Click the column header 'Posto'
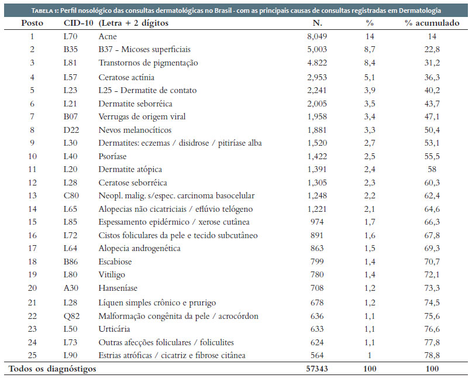tap(32, 23)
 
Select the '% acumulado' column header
tap(432, 23)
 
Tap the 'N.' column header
tap(317, 23)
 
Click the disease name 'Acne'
tap(108, 36)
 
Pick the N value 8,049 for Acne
tap(317, 37)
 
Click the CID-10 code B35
tap(70, 49)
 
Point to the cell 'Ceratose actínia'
tap(126, 77)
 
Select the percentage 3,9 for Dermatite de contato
tap(370, 91)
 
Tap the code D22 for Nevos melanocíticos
tap(71, 130)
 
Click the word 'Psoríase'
tap(112, 156)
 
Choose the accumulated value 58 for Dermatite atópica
tap(432, 169)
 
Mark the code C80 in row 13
tap(71, 196)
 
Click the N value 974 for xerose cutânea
tap(317, 222)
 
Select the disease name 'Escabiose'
tap(115, 262)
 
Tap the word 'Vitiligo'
tap(112, 274)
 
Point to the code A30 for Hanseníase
tap(71, 288)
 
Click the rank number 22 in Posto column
tap(32, 316)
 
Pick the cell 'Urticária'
tap(114, 329)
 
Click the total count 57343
tap(317, 369)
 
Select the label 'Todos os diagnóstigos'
tap(53, 369)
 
